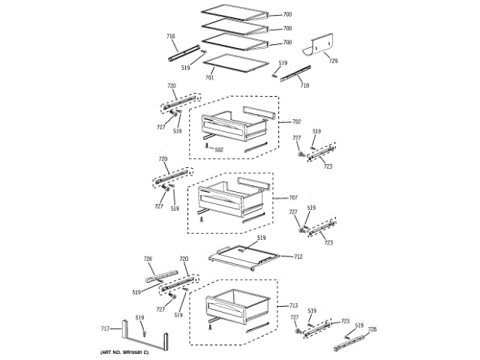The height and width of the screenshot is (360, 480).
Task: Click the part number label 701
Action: tap(210, 78)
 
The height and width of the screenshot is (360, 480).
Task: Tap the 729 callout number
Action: tap(333, 61)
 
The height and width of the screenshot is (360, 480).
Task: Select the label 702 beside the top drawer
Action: tap(296, 121)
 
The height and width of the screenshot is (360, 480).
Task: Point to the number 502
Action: tap(219, 149)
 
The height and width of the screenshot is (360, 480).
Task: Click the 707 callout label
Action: tap(294, 198)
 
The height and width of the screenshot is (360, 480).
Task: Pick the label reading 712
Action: tap(298, 256)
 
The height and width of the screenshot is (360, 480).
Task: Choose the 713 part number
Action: tap(293, 306)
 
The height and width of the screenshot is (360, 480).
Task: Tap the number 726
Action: tap(148, 259)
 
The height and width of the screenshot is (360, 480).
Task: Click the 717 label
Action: tap(105, 328)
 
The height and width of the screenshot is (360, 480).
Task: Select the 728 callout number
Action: tap(372, 329)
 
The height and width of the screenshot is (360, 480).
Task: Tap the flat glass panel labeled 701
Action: tap(235, 64)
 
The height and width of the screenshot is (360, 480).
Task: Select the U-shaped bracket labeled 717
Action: tap(142, 338)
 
